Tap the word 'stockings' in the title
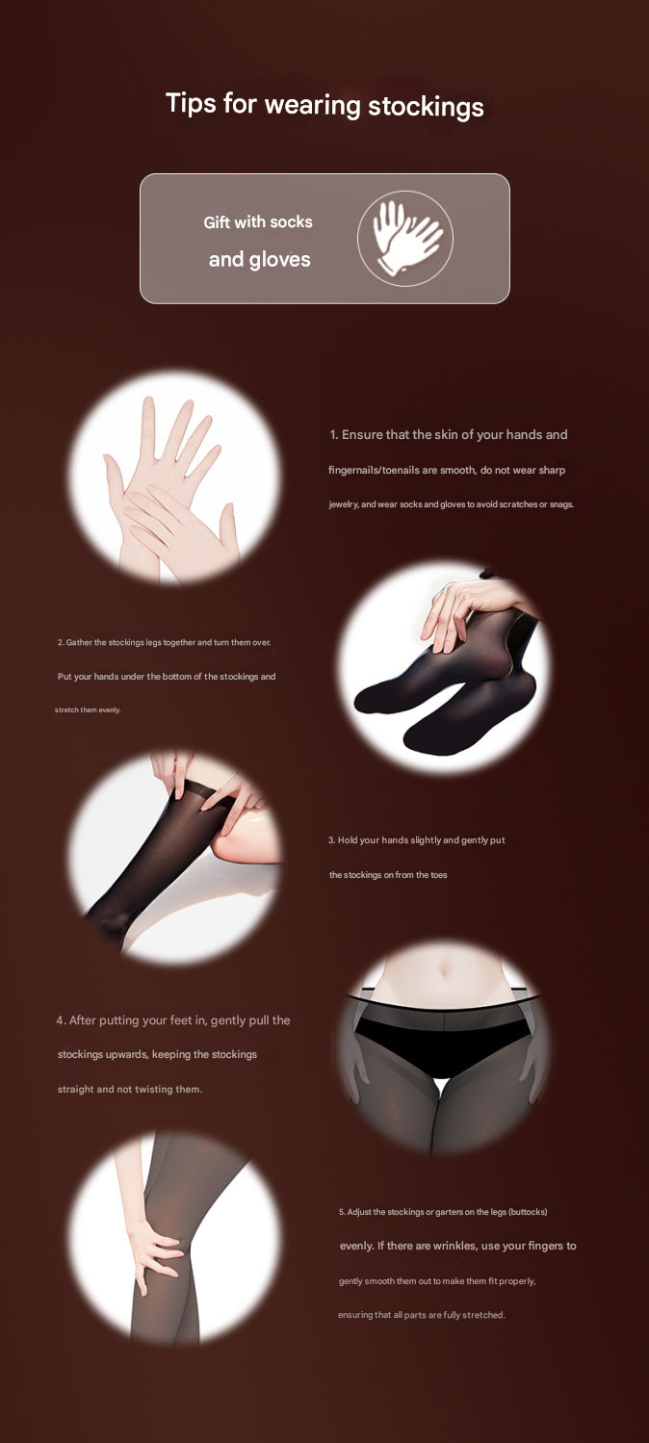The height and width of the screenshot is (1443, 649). [x=426, y=106]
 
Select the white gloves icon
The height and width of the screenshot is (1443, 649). [x=406, y=238]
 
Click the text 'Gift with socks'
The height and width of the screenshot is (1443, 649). [x=258, y=222]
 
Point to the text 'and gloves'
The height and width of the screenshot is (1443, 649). [x=260, y=260]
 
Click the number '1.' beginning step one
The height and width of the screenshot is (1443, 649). [x=334, y=435]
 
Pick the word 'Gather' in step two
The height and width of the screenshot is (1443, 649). [x=79, y=642]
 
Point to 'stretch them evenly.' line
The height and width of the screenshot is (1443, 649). [x=88, y=709]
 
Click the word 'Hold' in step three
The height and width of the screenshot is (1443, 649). [x=348, y=840]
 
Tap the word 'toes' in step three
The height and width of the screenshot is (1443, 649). [x=439, y=875]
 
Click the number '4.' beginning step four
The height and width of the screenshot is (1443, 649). [x=62, y=1020]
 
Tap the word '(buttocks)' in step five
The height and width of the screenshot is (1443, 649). [x=528, y=1212]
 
